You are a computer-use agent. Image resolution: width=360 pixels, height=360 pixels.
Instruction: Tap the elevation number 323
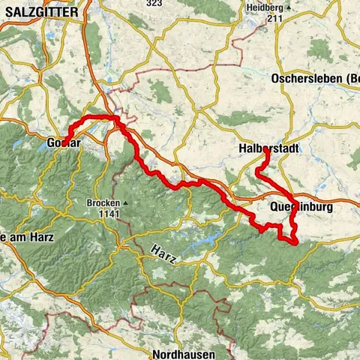coord(154,4)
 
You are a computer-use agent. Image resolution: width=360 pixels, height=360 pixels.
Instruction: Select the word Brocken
coord(103,202)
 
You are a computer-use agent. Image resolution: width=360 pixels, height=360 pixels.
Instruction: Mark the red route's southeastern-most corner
coord(296,241)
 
